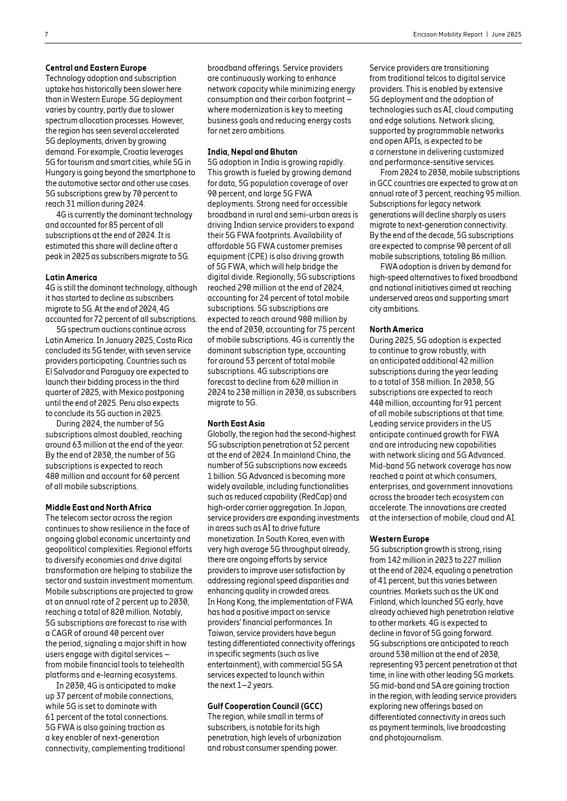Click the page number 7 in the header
click(x=46, y=34)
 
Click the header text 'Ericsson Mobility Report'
click(x=448, y=34)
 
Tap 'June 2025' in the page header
click(x=506, y=34)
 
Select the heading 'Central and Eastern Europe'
click(x=95, y=68)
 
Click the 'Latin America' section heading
click(x=71, y=277)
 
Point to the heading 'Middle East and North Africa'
click(x=98, y=508)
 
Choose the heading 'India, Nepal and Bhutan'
click(x=252, y=152)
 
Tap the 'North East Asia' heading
click(x=235, y=424)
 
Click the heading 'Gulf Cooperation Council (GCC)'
click(x=265, y=706)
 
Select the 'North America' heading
click(x=396, y=329)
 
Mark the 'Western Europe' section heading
click(x=399, y=539)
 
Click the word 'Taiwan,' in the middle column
click(x=220, y=633)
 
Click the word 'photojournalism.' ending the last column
click(x=406, y=738)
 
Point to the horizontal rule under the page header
click(x=283, y=43)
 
